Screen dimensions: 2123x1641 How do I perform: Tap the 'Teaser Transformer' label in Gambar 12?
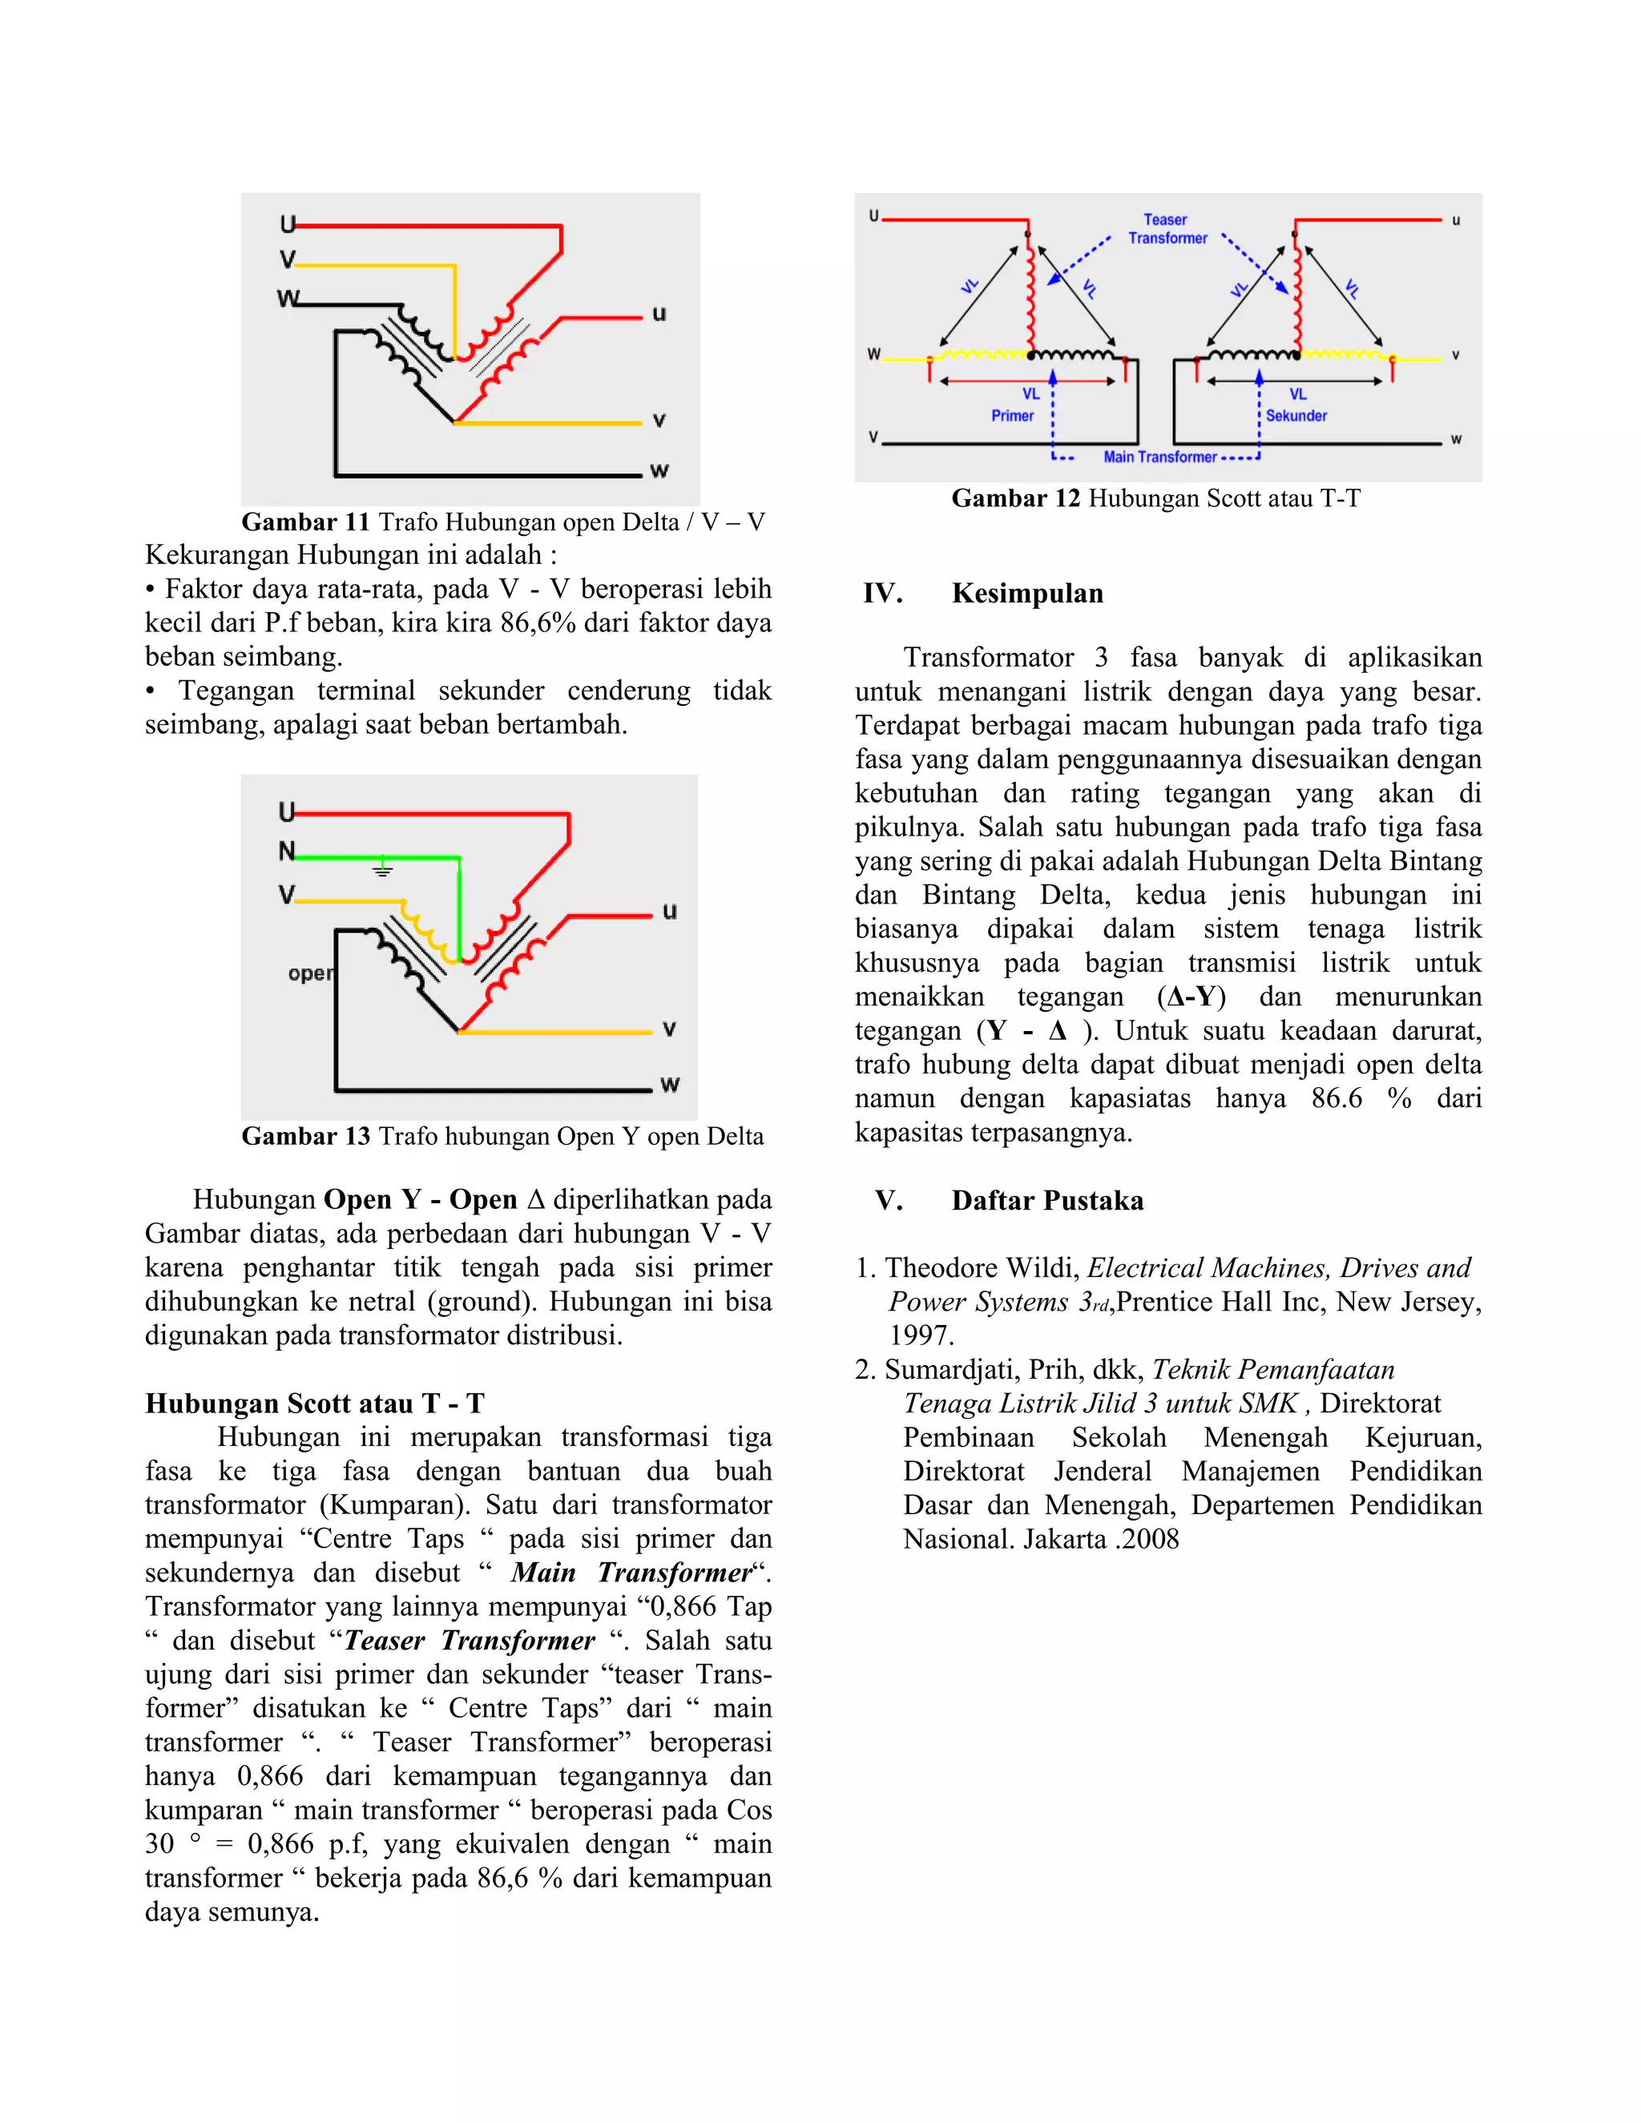tap(1167, 229)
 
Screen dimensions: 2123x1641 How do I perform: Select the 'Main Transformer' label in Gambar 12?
tap(1159, 457)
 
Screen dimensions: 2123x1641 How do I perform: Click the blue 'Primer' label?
tap(1012, 416)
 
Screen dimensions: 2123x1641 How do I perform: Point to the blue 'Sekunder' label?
tap(1295, 416)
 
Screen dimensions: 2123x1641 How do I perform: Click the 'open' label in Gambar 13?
tap(310, 973)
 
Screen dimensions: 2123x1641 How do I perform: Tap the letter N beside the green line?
tap(286, 852)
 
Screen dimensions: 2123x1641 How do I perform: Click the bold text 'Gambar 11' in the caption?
tap(305, 522)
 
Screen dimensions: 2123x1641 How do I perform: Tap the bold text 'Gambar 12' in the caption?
tap(1015, 498)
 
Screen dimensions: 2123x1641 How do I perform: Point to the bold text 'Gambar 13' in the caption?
tap(305, 1136)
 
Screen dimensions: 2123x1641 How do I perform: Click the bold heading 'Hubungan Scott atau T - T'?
tap(314, 1404)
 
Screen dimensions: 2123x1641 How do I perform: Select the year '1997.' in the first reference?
tap(921, 1335)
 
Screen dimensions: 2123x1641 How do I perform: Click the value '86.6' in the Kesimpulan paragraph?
tap(1336, 1098)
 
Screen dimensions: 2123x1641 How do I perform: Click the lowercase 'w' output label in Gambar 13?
tap(669, 1084)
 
